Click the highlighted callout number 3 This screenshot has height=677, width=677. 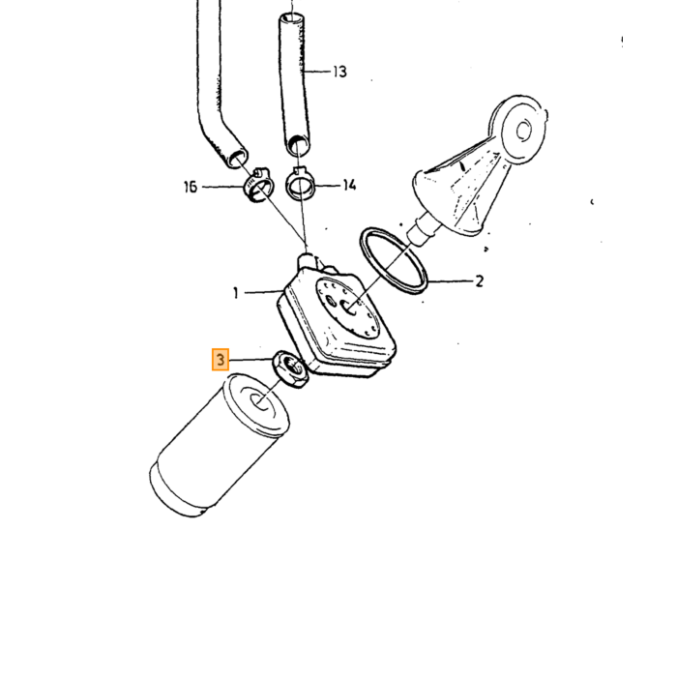coord(221,360)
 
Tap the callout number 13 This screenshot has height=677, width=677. coord(339,72)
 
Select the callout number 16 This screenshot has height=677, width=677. coord(191,187)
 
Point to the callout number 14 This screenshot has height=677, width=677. coord(350,186)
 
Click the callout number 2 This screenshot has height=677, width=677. coord(480,281)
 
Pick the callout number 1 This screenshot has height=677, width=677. coord(235,294)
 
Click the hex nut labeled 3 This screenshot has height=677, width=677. coord(290,369)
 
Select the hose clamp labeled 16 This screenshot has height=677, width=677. coord(258,186)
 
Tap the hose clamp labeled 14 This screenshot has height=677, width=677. coord(300,185)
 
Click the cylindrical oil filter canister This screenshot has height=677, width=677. coord(220,445)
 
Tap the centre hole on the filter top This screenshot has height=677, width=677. coord(260,403)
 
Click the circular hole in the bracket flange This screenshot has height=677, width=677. coord(524,130)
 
